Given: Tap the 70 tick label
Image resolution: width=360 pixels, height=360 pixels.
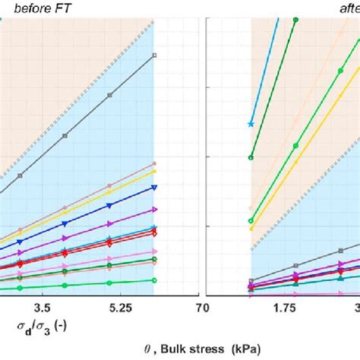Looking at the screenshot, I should (x=202, y=308).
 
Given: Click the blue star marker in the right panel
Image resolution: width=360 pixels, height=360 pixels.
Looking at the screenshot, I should (x=251, y=123).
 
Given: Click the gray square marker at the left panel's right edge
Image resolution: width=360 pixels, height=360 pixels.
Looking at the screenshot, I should (x=154, y=55).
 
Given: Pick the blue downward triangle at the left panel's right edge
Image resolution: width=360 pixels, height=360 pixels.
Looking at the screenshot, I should (x=154, y=187).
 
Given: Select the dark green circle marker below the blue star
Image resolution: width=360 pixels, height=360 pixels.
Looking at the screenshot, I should (x=251, y=157).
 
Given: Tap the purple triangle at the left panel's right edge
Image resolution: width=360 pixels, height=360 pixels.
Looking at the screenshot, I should (x=154, y=209).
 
